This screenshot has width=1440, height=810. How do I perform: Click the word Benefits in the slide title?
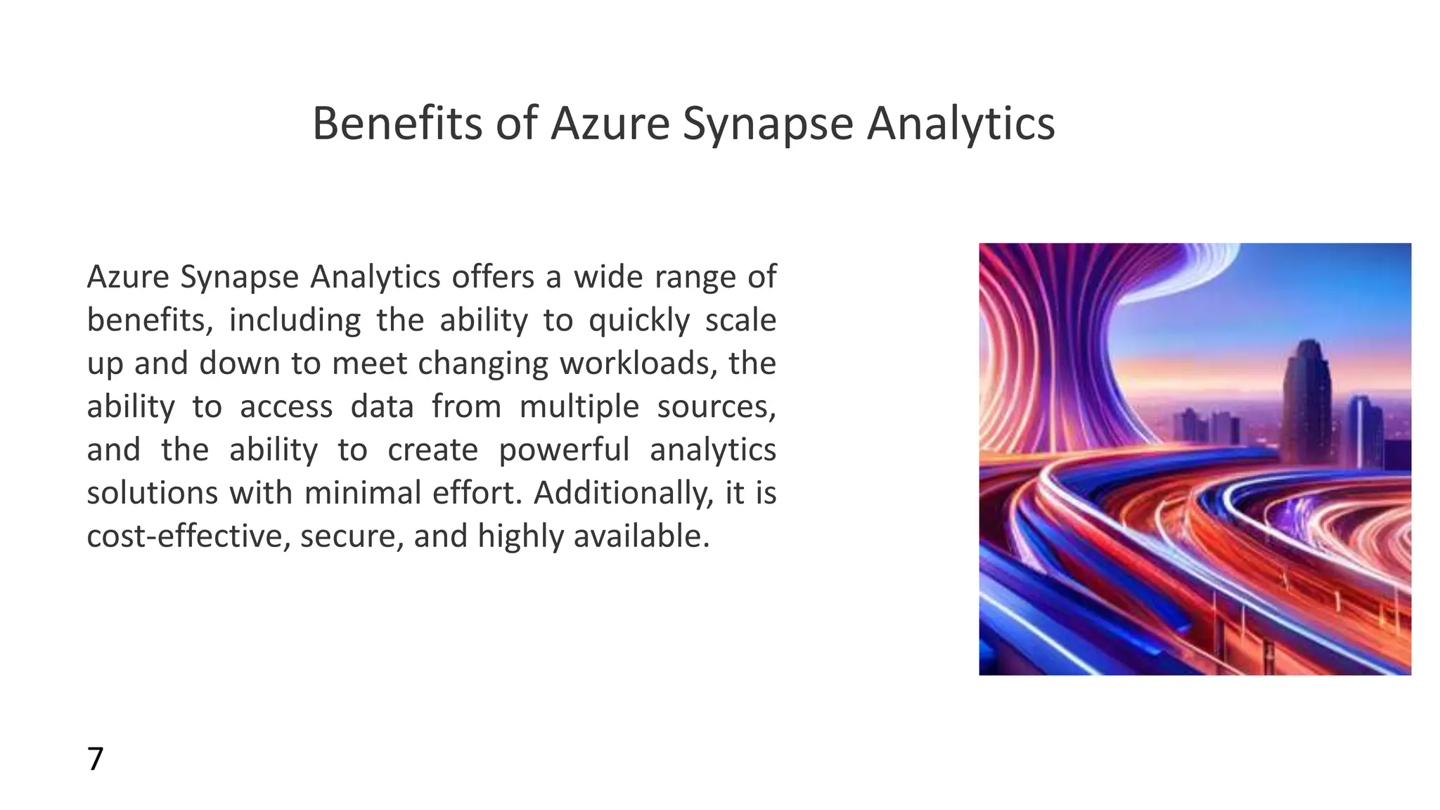(x=399, y=124)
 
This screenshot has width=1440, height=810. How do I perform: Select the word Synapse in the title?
(x=767, y=124)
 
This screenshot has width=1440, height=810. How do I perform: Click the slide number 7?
(x=95, y=759)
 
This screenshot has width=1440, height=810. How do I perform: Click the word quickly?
(x=639, y=321)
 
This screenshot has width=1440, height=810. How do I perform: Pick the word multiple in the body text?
(x=579, y=407)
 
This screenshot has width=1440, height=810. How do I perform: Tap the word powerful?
(x=564, y=450)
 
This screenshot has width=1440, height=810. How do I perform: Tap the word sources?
(x=716, y=407)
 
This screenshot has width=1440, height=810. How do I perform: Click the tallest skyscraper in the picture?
(x=1307, y=401)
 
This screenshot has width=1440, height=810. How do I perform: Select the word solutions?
(x=152, y=493)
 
